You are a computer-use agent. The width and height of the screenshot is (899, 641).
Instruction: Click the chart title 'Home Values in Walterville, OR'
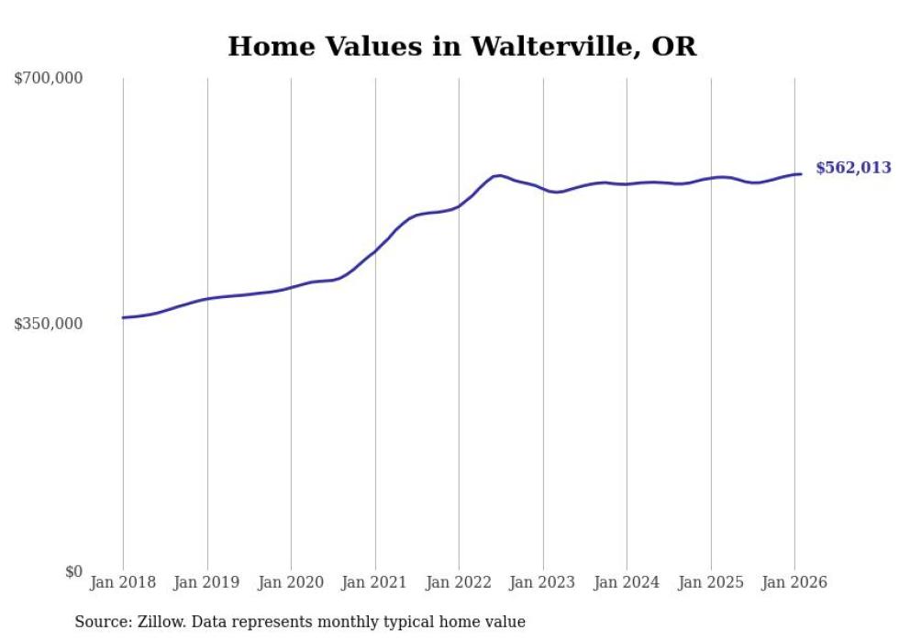pos(461,47)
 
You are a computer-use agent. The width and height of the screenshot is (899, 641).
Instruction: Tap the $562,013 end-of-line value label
pos(853,168)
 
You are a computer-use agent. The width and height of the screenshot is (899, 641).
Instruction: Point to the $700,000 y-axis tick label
pos(49,79)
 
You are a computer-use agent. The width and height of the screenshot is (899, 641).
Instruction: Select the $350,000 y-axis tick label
pos(49,324)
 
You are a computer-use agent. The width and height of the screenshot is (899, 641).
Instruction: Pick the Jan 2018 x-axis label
pos(123,583)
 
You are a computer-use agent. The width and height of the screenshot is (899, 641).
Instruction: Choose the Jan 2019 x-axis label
pos(207,583)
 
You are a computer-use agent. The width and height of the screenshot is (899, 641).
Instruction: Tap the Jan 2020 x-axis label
pos(291,583)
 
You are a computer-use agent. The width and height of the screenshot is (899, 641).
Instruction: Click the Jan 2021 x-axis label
pos(375,583)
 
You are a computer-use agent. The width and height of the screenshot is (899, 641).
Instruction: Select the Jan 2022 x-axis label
pos(459,583)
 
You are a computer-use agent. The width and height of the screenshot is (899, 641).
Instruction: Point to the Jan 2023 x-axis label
pos(543,583)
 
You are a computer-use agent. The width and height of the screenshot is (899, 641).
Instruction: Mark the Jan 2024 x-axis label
pos(627,583)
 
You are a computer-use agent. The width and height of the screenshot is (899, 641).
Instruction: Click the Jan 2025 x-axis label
pos(711,583)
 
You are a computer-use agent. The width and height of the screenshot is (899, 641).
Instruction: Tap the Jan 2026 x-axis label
pos(794,583)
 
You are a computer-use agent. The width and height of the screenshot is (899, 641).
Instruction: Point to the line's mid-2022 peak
pos(498,175)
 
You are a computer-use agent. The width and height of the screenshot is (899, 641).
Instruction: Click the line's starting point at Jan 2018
pos(123,317)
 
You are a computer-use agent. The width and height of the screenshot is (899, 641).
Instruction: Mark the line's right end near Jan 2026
pos(801,174)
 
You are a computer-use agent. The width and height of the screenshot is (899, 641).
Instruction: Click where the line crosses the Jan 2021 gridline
pos(375,249)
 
